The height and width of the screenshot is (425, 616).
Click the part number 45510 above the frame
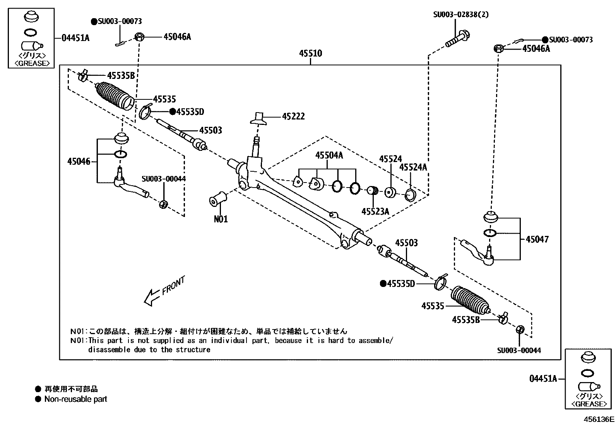(310, 53)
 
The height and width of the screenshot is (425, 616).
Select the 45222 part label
(293, 116)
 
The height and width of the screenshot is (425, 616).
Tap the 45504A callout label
(329, 155)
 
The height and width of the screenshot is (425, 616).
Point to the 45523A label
(375, 211)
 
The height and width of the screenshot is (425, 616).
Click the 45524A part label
(413, 167)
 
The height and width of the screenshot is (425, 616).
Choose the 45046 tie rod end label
(79, 161)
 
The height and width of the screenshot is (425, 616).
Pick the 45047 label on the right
(537, 239)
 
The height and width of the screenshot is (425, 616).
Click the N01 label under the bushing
(221, 219)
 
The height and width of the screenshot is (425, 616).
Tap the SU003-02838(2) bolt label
(461, 15)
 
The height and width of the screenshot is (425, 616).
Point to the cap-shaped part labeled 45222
(259, 119)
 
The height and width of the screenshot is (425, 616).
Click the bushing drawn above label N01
(218, 198)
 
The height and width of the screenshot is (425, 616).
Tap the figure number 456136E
(599, 419)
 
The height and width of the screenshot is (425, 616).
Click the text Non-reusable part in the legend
(76, 399)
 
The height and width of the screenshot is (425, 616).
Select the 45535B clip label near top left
(121, 75)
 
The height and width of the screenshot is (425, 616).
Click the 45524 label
(390, 159)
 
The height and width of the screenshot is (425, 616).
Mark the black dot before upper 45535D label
(172, 112)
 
